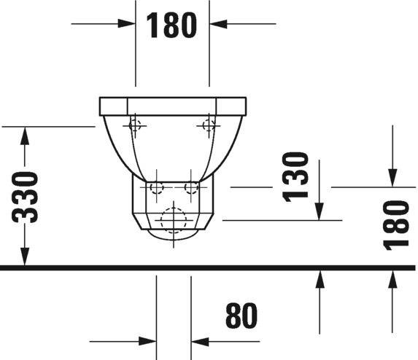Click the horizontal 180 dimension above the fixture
[x=172, y=25]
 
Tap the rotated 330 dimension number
[x=26, y=197]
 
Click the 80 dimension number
[x=242, y=317]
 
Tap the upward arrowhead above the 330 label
[x=26, y=135]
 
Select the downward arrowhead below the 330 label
[x=26, y=258]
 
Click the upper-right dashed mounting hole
[x=209, y=125]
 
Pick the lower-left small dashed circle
[x=155, y=188]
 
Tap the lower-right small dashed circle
[x=191, y=188]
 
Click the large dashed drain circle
[x=173, y=219]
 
